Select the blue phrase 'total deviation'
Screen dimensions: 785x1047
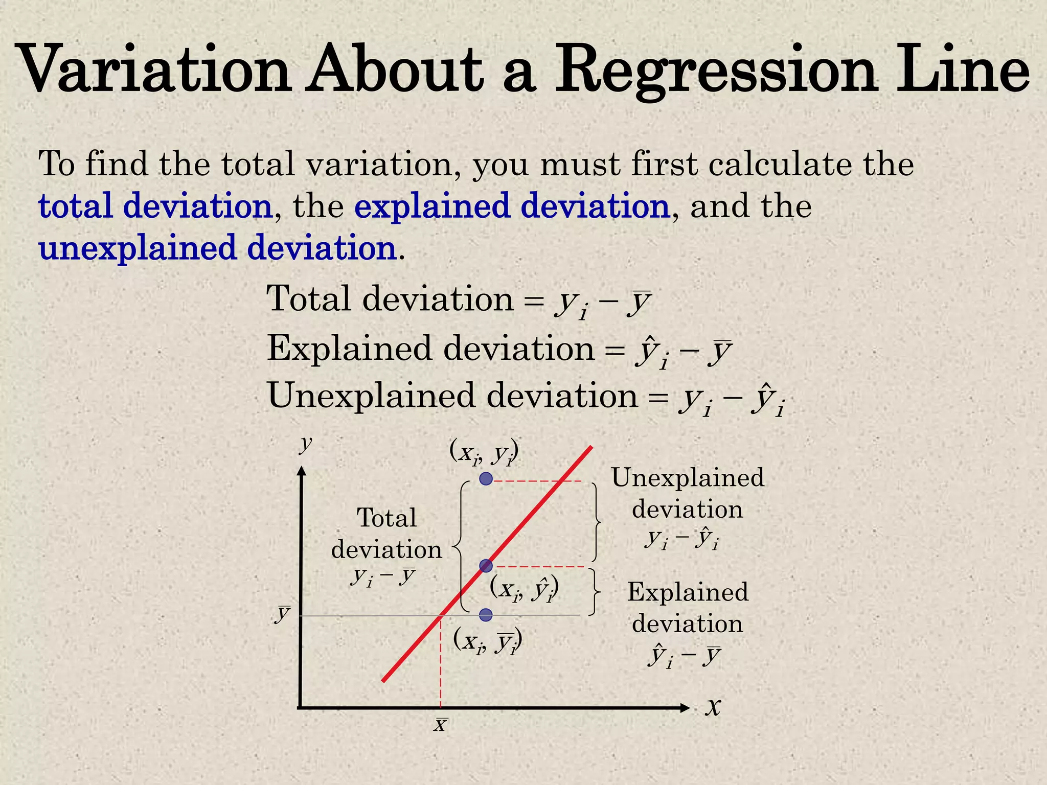tap(155, 206)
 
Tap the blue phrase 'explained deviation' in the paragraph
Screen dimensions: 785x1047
tap(512, 206)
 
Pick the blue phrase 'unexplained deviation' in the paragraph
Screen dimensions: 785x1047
tap(218, 248)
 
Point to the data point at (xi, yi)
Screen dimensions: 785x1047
tap(486, 479)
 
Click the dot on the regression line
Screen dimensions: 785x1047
tap(486, 566)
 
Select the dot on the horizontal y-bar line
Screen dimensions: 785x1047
tap(486, 614)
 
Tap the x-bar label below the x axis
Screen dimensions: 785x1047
tap(440, 725)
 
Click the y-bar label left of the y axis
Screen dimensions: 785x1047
tap(283, 613)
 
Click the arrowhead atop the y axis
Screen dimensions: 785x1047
tap(302, 471)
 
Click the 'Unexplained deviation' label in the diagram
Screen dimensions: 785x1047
tap(688, 493)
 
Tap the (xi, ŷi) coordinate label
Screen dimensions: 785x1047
tap(524, 589)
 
